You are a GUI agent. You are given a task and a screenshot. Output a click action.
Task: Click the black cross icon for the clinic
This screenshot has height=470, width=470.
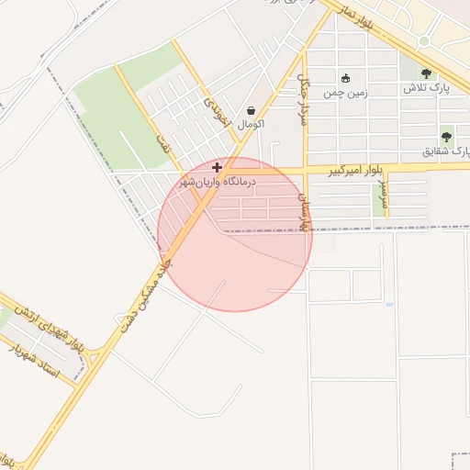tap(217, 167)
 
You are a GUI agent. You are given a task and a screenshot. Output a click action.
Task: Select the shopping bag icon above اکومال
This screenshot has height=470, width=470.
tap(251, 110)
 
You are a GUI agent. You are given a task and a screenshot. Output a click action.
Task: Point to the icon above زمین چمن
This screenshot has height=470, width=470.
tap(345, 78)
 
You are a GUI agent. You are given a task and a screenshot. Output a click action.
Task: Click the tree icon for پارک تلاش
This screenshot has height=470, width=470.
tap(425, 73)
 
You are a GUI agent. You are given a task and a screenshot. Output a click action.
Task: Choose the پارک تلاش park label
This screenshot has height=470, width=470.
tap(425, 89)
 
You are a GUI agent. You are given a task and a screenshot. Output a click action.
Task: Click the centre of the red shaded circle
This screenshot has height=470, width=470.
tap(235, 234)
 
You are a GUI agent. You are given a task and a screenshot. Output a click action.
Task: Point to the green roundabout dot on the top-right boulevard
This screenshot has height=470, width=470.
tap(423, 41)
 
